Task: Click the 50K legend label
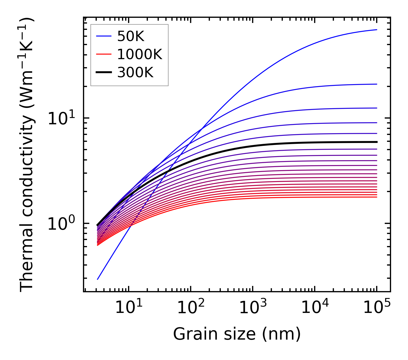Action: pyautogui.click(x=131, y=36)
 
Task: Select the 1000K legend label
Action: pyautogui.click(x=140, y=54)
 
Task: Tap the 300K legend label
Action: pyautogui.click(x=135, y=73)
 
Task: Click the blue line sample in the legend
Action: pyautogui.click(x=103, y=36)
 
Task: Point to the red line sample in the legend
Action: pyautogui.click(x=103, y=54)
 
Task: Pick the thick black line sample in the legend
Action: pyautogui.click(x=103, y=73)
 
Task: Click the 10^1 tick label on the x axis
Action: pyautogui.click(x=128, y=308)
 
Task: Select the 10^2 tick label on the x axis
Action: pyautogui.click(x=190, y=308)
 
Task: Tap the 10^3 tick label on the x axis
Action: pyautogui.click(x=253, y=308)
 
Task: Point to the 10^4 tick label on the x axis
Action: pyautogui.click(x=315, y=308)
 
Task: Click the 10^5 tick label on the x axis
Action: pyautogui.click(x=377, y=308)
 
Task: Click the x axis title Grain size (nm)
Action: pyautogui.click(x=237, y=334)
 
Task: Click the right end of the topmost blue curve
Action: pyautogui.click(x=376, y=30)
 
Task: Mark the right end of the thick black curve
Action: pyautogui.click(x=376, y=142)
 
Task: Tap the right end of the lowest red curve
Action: pyautogui.click(x=376, y=197)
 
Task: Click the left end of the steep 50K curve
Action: pyautogui.click(x=98, y=279)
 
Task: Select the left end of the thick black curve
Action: pyautogui.click(x=98, y=225)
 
